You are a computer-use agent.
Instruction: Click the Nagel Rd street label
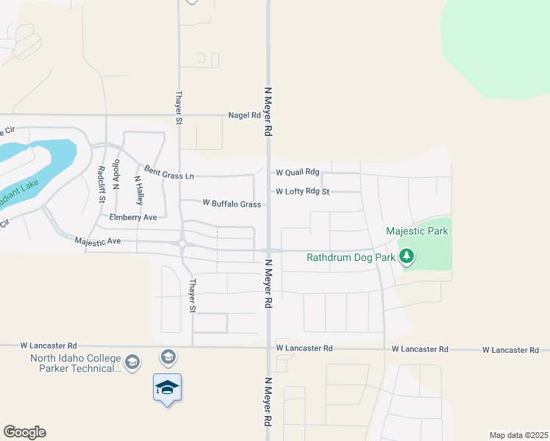(x=244, y=115)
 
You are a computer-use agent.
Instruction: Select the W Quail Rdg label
(x=298, y=172)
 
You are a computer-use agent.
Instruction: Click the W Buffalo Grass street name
(x=232, y=204)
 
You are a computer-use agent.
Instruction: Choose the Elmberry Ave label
(x=133, y=218)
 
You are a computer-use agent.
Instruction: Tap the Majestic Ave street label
(x=97, y=240)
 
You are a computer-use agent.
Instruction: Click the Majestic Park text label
(x=417, y=232)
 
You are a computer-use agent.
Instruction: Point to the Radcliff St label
(x=101, y=184)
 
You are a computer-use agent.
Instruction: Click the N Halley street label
(x=137, y=190)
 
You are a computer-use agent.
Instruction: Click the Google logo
(x=24, y=432)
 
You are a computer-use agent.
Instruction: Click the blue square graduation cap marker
(x=167, y=387)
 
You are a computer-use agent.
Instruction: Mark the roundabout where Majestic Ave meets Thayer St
(x=181, y=244)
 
